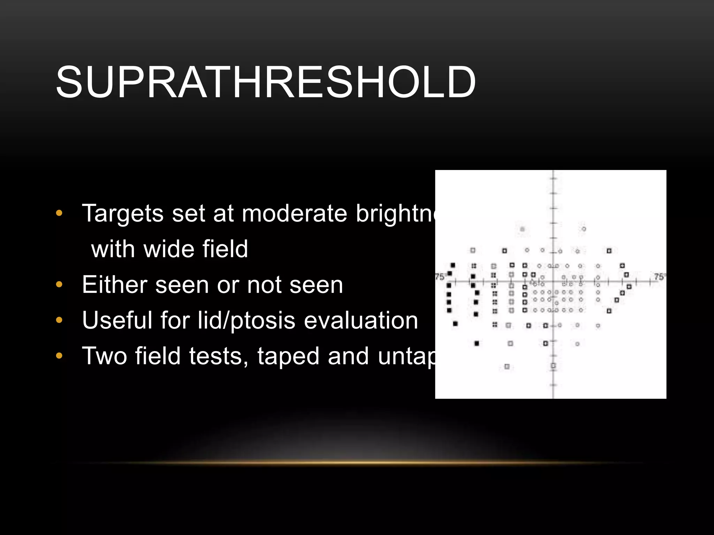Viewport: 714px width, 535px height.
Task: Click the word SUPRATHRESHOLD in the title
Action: coord(266,83)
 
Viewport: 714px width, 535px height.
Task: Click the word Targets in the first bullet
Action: coord(122,213)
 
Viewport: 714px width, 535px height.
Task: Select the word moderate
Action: coord(294,213)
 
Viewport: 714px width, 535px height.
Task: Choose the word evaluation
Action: coord(361,320)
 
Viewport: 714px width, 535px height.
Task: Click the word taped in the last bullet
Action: coord(288,356)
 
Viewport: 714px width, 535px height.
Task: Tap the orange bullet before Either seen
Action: coord(59,285)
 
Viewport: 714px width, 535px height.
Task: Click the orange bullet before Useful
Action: coord(59,320)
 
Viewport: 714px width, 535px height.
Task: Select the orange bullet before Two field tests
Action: coord(59,356)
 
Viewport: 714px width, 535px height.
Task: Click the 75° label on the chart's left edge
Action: coord(440,277)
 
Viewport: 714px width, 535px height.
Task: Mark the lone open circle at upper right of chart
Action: coord(584,229)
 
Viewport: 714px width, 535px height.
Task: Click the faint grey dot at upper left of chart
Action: coord(522,229)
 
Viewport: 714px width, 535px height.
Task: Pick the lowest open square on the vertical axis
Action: coord(553,366)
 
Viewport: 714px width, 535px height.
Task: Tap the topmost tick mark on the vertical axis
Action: coord(553,179)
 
